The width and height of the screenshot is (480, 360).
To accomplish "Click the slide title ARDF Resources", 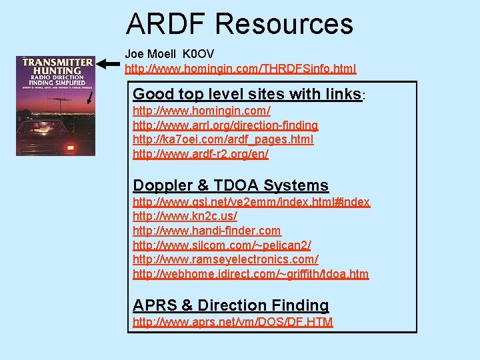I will [x=239, y=24].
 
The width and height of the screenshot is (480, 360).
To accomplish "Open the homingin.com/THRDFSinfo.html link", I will [x=240, y=69].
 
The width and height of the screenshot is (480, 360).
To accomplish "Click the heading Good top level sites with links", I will [x=247, y=94].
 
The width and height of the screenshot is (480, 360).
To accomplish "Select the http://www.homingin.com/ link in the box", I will [x=201, y=111].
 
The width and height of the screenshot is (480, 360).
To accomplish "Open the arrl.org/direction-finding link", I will [x=225, y=125].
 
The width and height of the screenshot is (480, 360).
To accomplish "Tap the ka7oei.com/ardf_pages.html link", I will [x=223, y=140].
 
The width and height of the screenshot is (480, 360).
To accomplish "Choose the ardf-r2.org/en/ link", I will [x=201, y=155].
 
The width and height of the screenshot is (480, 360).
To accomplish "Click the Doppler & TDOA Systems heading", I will [x=231, y=186].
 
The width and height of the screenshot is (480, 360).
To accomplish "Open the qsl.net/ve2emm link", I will [x=251, y=202].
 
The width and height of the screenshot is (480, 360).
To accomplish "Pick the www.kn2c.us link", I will [x=185, y=217].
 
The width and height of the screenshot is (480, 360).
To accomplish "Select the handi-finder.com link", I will [x=207, y=231].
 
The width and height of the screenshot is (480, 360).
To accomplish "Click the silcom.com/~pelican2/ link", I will [x=222, y=245].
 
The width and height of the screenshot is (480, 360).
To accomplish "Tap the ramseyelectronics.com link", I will [x=225, y=259].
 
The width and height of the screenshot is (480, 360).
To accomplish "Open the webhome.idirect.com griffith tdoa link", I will [x=251, y=274].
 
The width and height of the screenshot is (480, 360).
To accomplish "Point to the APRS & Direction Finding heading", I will [x=231, y=305].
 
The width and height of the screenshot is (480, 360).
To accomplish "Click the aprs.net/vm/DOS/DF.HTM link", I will [x=233, y=323].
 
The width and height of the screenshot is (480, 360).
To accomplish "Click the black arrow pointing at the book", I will [x=111, y=64].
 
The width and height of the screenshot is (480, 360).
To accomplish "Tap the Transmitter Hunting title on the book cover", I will [x=57, y=67].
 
